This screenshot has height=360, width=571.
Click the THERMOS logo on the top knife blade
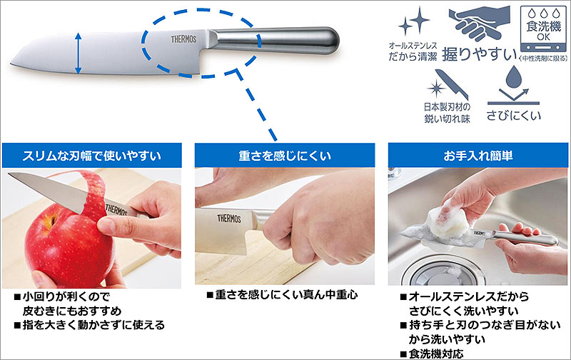pos(183,39)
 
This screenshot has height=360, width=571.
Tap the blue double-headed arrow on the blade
pos(79,53)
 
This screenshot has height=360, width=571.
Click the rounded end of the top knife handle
pos(330,41)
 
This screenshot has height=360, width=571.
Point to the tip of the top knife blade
pos(11,64)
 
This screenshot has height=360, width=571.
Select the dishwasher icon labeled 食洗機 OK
pos(543,29)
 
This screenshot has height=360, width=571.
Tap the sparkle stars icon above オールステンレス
pos(415,22)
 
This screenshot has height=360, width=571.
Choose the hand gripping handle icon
pos(479,24)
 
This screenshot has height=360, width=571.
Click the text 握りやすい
pos(479,54)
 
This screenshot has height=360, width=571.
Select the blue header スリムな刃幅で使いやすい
pos(92,156)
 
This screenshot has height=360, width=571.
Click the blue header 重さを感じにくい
pos(284,156)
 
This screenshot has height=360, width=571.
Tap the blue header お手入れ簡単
pos(477,156)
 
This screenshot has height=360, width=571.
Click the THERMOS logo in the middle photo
pos(229,219)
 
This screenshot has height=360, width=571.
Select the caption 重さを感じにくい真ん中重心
pos(282,295)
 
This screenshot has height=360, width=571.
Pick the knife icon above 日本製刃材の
pos(452,84)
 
